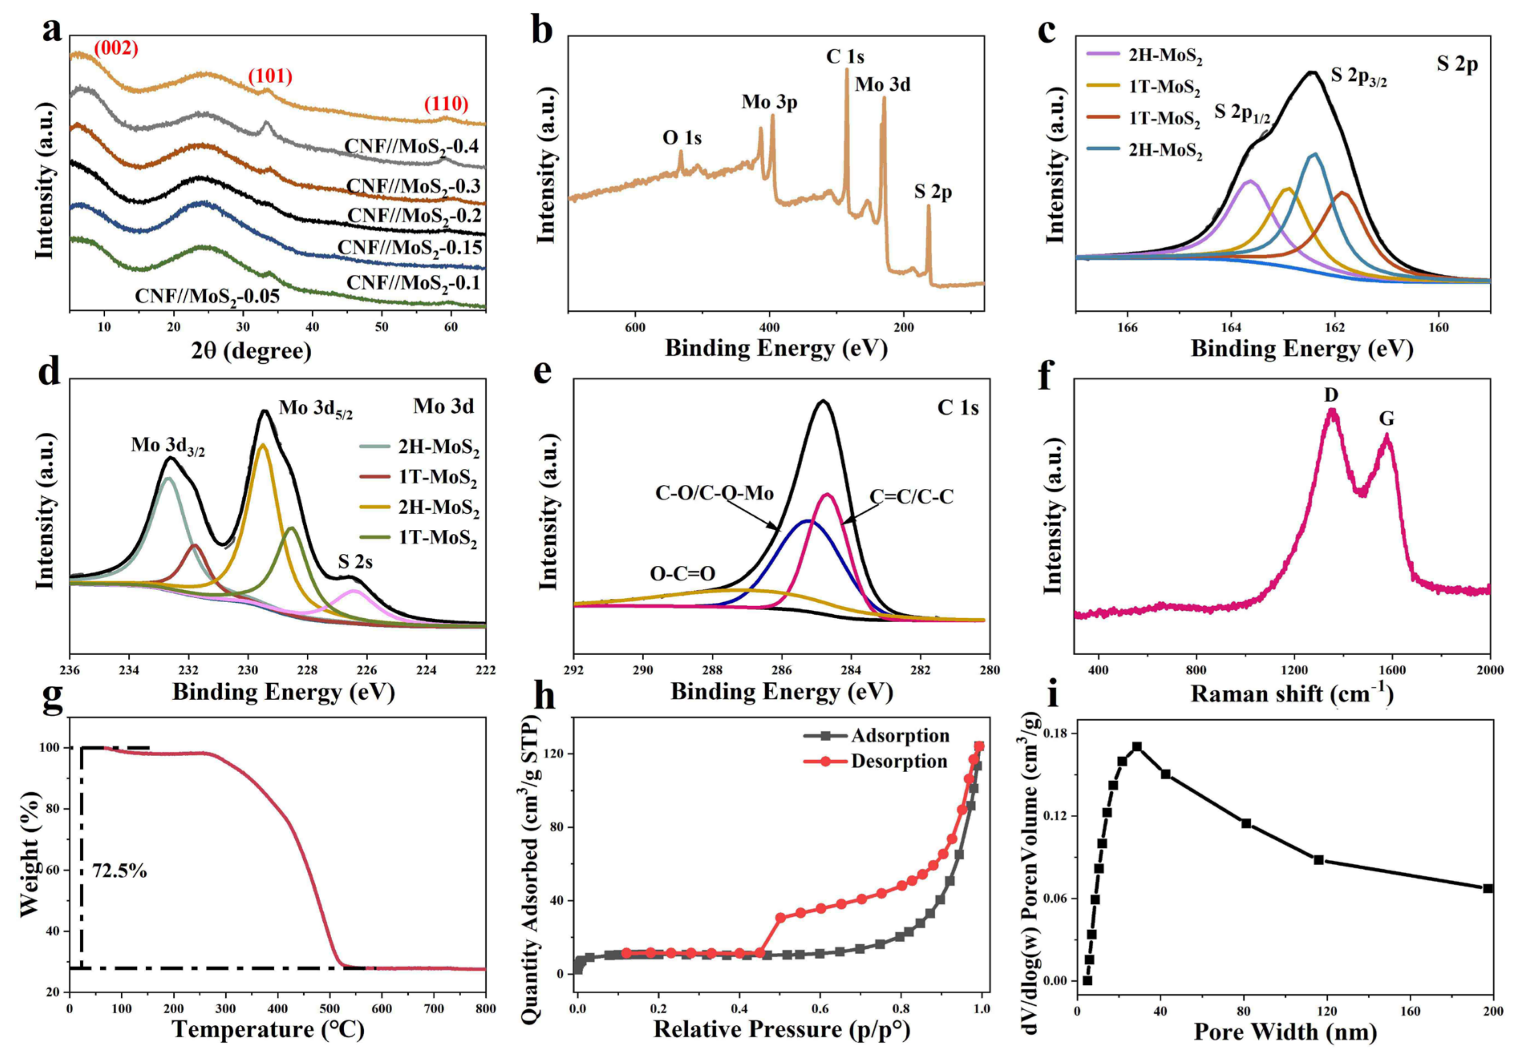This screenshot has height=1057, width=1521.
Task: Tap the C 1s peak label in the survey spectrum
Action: tap(845, 57)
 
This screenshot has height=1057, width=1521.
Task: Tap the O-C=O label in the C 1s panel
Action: tap(682, 573)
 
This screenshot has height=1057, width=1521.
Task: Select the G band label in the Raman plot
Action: tap(1387, 419)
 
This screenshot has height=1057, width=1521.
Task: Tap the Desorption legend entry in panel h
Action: tap(899, 761)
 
